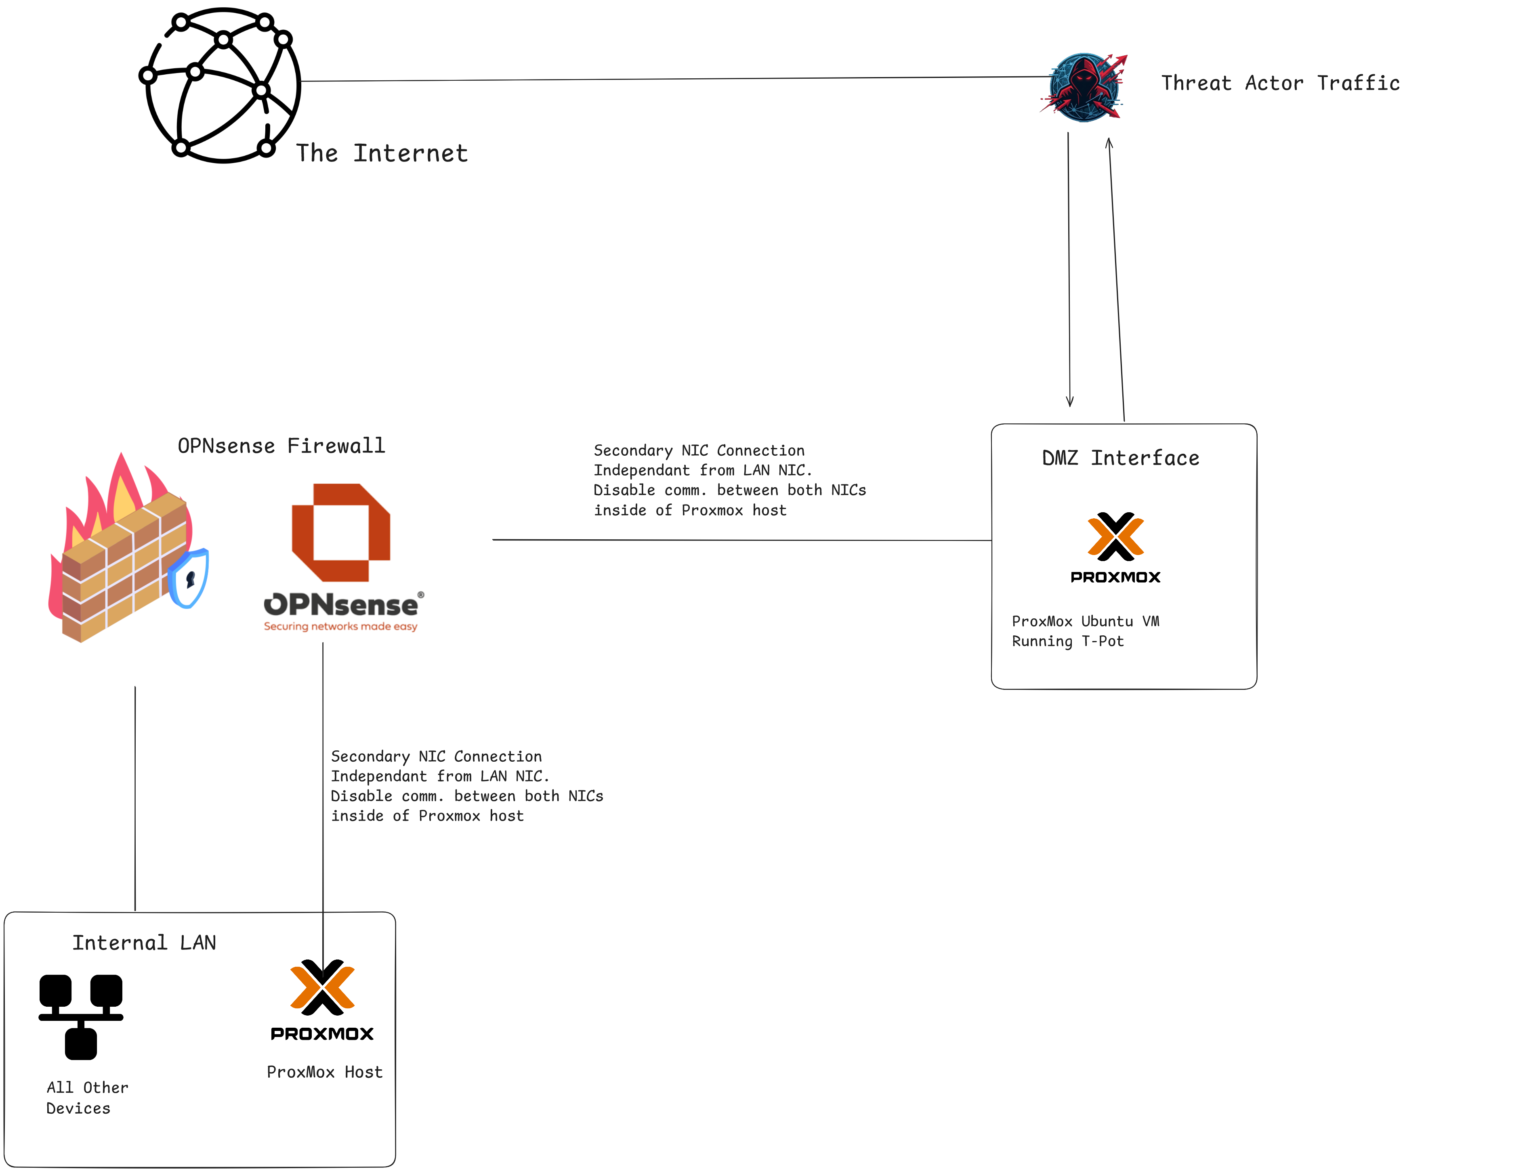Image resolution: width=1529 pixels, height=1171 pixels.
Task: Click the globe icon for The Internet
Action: tap(222, 85)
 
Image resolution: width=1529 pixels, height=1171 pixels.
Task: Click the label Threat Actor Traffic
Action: tap(1279, 83)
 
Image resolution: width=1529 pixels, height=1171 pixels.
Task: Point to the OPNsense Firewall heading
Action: tap(281, 445)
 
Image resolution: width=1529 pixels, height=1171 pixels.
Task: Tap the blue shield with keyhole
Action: tap(189, 578)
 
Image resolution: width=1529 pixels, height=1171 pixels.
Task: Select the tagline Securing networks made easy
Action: tap(340, 626)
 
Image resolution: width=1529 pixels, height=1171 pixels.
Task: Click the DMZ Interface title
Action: tap(1120, 458)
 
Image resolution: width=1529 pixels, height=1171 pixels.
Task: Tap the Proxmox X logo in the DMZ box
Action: tap(1115, 537)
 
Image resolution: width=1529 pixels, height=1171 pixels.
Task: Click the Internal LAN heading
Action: tap(144, 943)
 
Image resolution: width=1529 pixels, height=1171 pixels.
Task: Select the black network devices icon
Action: tap(81, 1016)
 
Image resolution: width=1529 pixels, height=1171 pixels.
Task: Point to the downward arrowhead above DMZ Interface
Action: tap(1069, 402)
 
